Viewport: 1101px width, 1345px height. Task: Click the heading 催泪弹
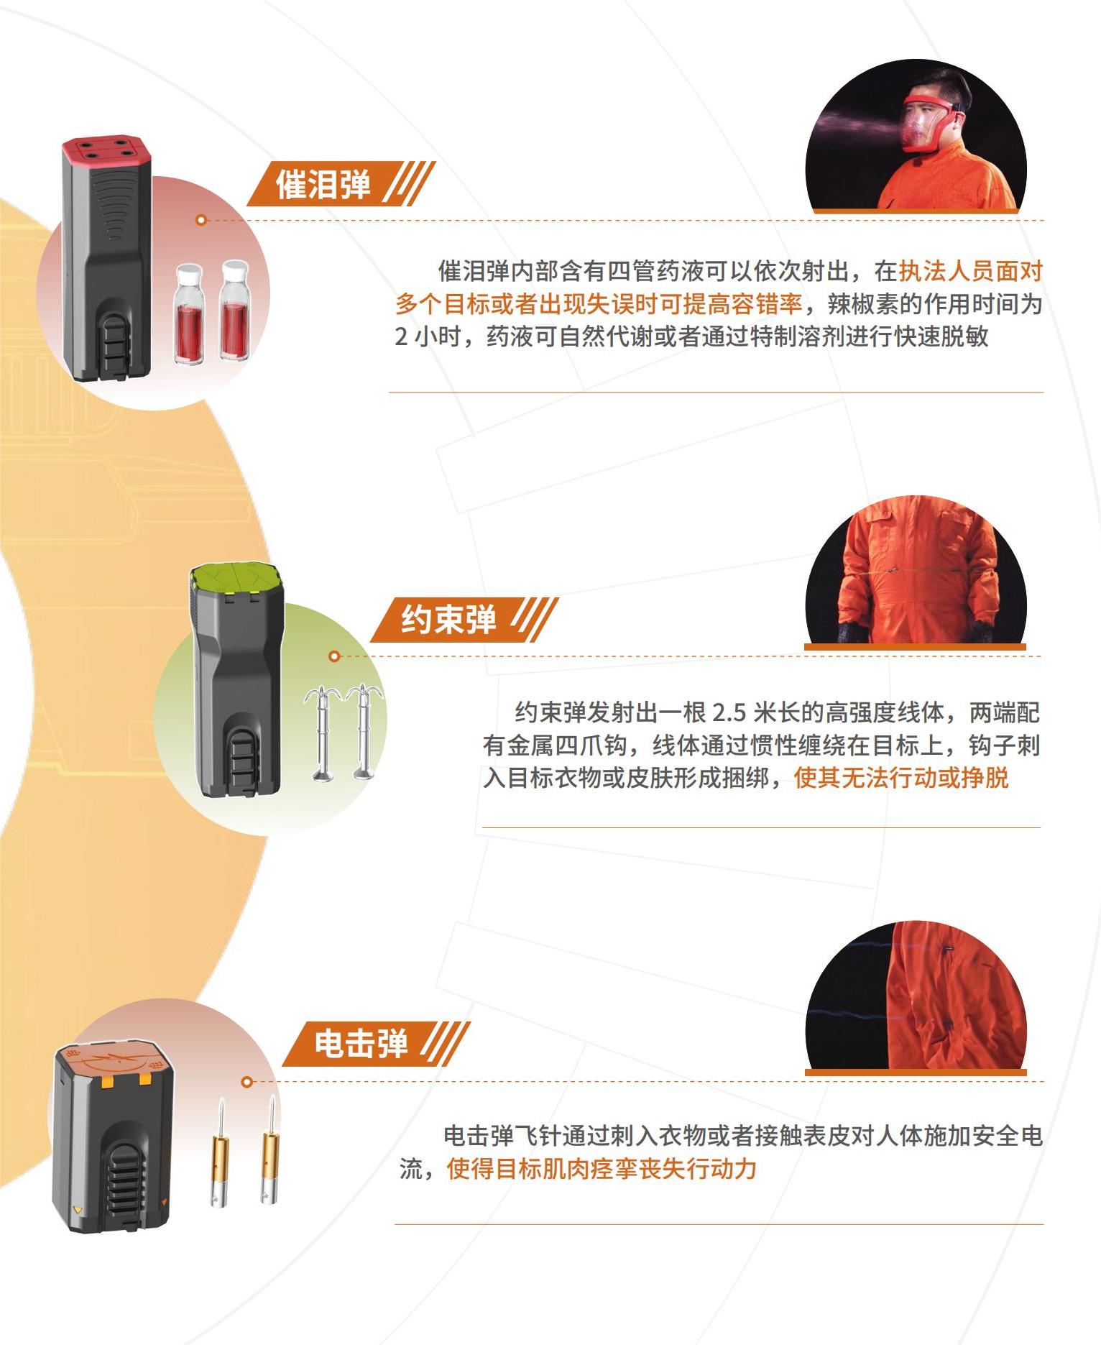[x=323, y=184]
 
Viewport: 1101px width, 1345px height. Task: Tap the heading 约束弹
[x=448, y=619]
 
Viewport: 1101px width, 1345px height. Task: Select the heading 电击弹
[x=361, y=1043]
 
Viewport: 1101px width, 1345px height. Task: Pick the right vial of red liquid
[x=234, y=308]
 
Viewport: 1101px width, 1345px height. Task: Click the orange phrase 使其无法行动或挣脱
[x=901, y=778]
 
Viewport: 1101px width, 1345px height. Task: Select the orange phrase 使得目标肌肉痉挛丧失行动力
[x=602, y=1168]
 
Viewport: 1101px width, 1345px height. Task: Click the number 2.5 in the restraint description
[x=729, y=712]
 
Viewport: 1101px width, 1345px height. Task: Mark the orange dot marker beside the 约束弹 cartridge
[x=333, y=656]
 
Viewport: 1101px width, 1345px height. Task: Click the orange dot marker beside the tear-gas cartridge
[x=201, y=220]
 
